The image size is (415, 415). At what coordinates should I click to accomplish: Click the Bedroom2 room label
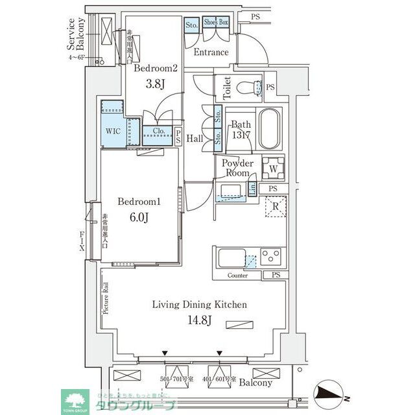pyautogui.click(x=156, y=68)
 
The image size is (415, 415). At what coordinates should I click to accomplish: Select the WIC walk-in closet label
pyautogui.click(x=113, y=130)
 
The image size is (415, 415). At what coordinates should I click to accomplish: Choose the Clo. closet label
pyautogui.click(x=158, y=131)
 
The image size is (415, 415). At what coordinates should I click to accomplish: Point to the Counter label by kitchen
pyautogui.click(x=238, y=276)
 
